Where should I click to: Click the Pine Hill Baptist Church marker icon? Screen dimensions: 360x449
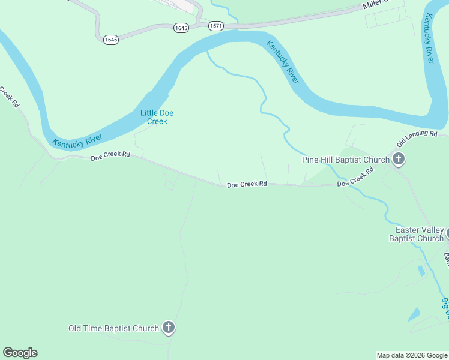(399, 160)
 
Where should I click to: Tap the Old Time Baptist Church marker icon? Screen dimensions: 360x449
(169, 328)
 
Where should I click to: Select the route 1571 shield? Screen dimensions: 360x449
(216, 26)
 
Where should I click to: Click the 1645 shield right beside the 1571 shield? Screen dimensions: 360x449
(181, 28)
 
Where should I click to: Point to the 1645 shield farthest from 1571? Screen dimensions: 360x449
(110, 39)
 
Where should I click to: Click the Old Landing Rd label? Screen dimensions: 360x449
(417, 139)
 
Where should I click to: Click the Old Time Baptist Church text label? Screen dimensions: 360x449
(113, 328)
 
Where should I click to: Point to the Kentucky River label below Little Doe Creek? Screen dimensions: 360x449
(77, 137)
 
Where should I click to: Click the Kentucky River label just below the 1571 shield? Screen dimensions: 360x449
(283, 62)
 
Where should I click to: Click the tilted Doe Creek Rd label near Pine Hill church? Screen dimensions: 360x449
(355, 178)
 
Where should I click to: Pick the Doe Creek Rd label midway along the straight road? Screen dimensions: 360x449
(247, 185)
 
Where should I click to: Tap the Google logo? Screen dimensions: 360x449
(20, 353)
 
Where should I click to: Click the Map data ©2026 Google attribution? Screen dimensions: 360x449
(412, 355)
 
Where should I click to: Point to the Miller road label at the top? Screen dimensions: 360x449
(376, 5)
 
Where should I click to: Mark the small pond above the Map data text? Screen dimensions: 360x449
(414, 314)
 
